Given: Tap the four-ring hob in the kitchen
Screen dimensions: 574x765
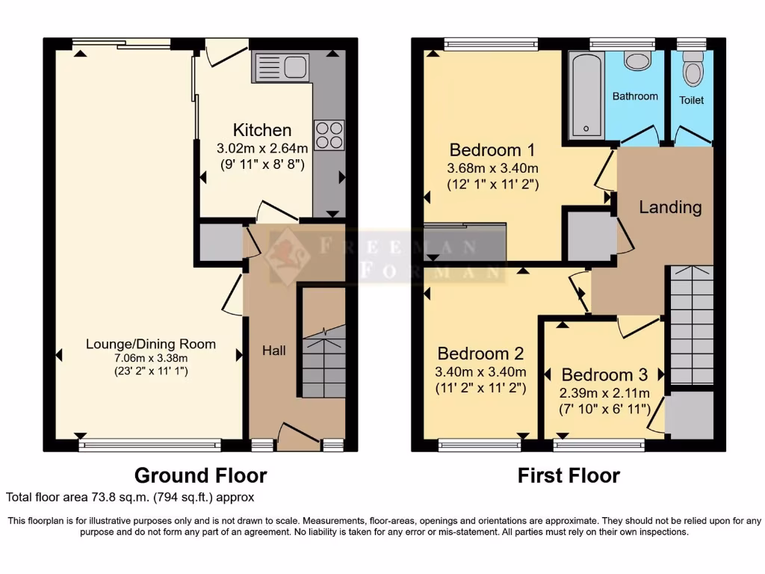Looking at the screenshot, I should point(329,135).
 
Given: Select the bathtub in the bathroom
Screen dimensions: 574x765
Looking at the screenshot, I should point(586,96).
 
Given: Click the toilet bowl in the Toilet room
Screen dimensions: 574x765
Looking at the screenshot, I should point(693,71).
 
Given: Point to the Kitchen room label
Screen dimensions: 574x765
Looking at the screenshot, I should point(261,129).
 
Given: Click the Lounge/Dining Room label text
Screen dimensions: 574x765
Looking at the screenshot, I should point(150,344).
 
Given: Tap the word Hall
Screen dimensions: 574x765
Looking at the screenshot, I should point(273,350).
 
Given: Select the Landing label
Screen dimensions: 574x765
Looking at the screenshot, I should point(670,207).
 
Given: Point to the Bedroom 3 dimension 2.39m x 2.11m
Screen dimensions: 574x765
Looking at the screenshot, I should point(605,393).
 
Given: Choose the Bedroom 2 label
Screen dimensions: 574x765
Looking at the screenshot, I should point(480,353).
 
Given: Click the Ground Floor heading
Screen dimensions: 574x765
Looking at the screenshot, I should point(200,475).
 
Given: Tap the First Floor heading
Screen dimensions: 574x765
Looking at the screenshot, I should point(569,475).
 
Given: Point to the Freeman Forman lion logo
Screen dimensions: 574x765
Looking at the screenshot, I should point(288,257).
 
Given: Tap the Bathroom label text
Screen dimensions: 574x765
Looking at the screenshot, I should point(635,96).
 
